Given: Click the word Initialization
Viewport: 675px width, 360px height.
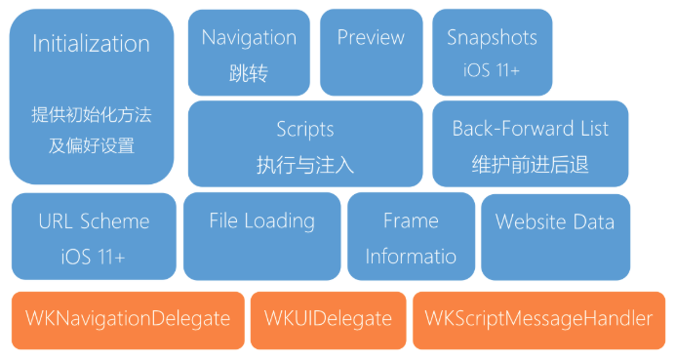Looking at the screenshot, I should pyautogui.click(x=92, y=44).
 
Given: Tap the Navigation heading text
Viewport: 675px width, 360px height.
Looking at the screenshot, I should pyautogui.click(x=249, y=38).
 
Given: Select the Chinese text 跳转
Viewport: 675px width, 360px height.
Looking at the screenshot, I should pyautogui.click(x=249, y=73).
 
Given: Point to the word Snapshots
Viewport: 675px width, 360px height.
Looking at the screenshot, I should pyautogui.click(x=492, y=38).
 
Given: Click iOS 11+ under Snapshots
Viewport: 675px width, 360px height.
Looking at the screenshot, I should pyautogui.click(x=492, y=70).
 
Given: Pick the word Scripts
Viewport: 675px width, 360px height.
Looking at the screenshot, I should pyautogui.click(x=304, y=130).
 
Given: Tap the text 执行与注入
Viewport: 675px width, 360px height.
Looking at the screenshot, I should pyautogui.click(x=304, y=165).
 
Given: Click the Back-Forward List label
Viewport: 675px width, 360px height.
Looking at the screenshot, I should pyautogui.click(x=530, y=130).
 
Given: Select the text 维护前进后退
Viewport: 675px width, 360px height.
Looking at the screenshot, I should pyautogui.click(x=530, y=165).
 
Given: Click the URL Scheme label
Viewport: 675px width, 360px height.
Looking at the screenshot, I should pyautogui.click(x=94, y=221).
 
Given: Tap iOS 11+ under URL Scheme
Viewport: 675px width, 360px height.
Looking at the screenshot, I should pyautogui.click(x=94, y=257).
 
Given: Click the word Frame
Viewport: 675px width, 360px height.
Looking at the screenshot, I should pyautogui.click(x=411, y=221).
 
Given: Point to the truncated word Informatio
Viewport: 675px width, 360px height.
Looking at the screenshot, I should pyautogui.click(x=411, y=257).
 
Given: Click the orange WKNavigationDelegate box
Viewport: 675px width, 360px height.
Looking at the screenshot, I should pyautogui.click(x=128, y=319).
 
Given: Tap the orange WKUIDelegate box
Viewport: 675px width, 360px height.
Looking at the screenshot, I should pyautogui.click(x=328, y=319).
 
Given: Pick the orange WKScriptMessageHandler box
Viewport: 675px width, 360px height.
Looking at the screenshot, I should pyautogui.click(x=538, y=319).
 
